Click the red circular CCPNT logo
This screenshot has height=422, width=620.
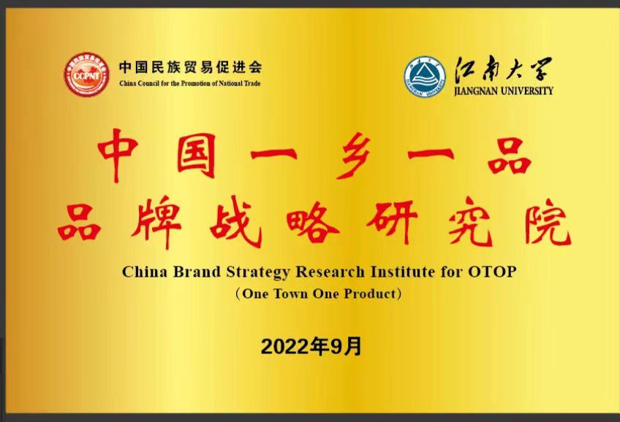(x=87, y=74)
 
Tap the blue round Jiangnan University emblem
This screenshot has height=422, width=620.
(x=425, y=77)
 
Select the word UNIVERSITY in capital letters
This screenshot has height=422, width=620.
(x=527, y=91)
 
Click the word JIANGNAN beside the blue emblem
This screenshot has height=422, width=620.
(x=476, y=91)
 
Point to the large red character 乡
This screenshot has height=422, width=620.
(x=352, y=156)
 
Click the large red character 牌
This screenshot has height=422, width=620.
(x=156, y=222)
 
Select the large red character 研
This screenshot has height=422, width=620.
(x=392, y=222)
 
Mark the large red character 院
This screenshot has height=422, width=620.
(x=547, y=222)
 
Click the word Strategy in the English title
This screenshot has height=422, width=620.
(x=258, y=272)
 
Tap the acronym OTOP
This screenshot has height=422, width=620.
(x=492, y=272)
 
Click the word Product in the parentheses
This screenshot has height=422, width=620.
(x=370, y=294)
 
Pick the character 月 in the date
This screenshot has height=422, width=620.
(x=354, y=347)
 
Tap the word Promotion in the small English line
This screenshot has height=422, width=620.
(x=195, y=83)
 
